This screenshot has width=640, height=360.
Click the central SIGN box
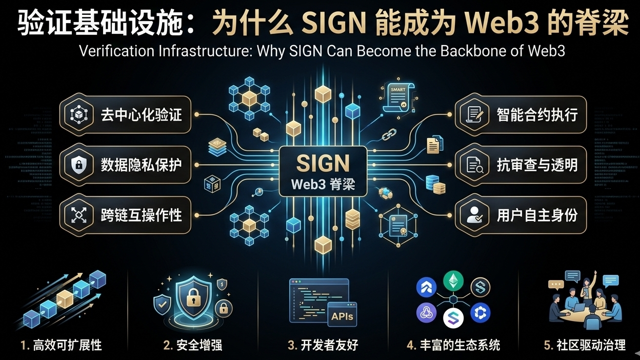coord(323,171)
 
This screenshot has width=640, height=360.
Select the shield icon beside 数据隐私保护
coord(78,165)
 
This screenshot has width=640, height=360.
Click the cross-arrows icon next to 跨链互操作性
coord(78,215)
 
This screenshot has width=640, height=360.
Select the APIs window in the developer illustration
coord(342,316)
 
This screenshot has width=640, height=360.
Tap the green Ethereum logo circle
coord(453,281)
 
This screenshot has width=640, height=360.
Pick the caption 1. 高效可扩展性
coord(61,345)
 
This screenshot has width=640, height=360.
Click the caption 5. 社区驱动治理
coord(585,345)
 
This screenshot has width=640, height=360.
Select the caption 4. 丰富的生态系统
coord(453,345)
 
